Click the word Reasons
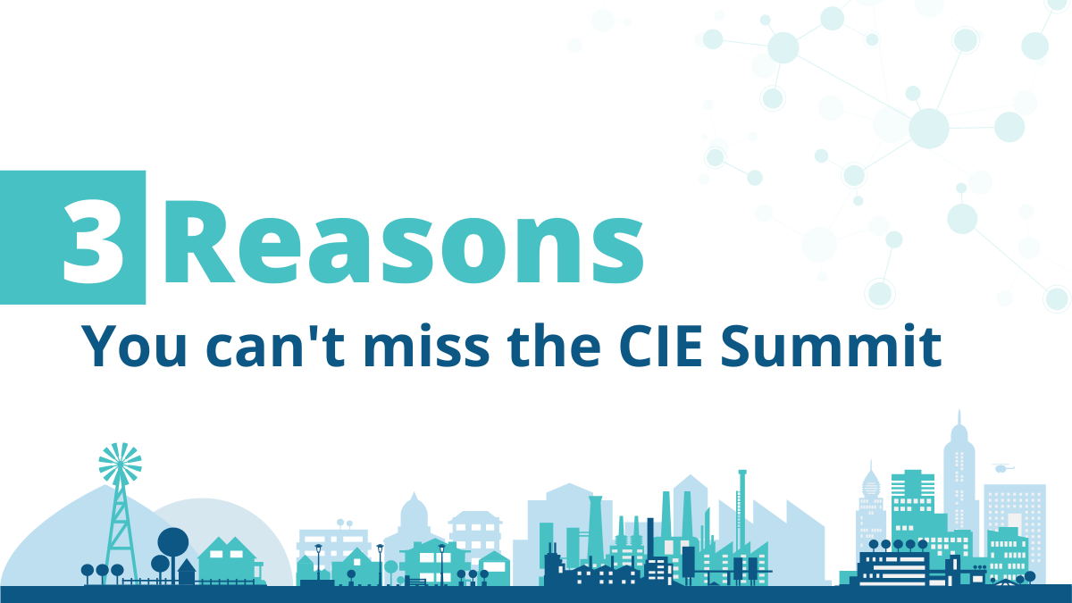(403, 238)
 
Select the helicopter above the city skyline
(1003, 467)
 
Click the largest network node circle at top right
(928, 128)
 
